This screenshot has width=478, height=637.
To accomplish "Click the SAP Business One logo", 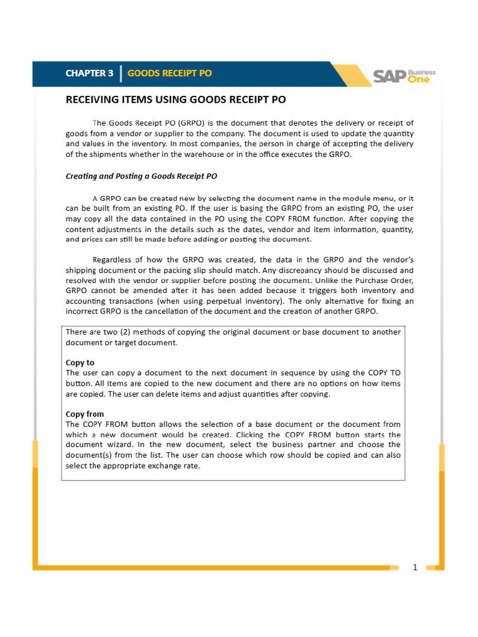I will (404, 76).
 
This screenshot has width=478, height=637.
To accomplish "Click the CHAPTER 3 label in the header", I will (89, 73).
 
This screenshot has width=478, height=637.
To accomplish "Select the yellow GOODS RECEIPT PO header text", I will (169, 73).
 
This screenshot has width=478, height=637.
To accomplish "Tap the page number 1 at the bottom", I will (415, 567).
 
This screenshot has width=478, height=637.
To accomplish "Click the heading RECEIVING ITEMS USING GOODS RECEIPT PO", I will (176, 100).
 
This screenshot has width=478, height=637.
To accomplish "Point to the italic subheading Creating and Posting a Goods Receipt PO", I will (141, 176).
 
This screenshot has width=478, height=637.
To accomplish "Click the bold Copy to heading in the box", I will (80, 362).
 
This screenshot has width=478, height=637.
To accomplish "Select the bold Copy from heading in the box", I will (85, 414).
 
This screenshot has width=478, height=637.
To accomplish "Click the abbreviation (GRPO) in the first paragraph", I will (191, 123).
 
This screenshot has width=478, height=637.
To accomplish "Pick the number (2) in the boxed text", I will (137, 332).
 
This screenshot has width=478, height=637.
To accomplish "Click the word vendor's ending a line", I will (397, 260).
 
